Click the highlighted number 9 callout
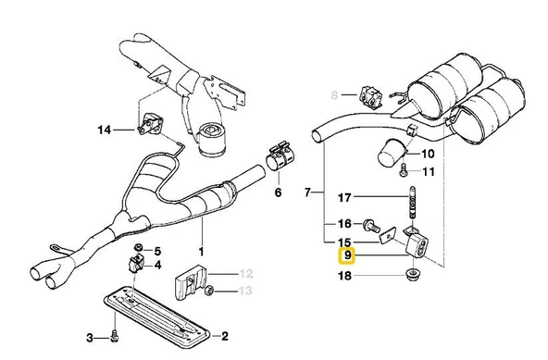pos(346,255)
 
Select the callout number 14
pos(104,130)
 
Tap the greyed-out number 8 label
pos(334,94)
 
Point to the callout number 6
pos(278,192)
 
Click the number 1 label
pos(201,252)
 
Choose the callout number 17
pos(344,197)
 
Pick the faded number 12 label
pos(246,273)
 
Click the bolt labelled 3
pos(114,337)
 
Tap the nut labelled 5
pos(139,247)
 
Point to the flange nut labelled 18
pos(414,274)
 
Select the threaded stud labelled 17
pos(412,203)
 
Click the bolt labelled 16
pos(371,225)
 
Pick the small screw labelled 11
pos(403,171)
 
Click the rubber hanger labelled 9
pos(417,245)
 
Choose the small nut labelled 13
pos(209,290)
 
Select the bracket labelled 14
pos(151,124)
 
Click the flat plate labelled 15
pos(387,236)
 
